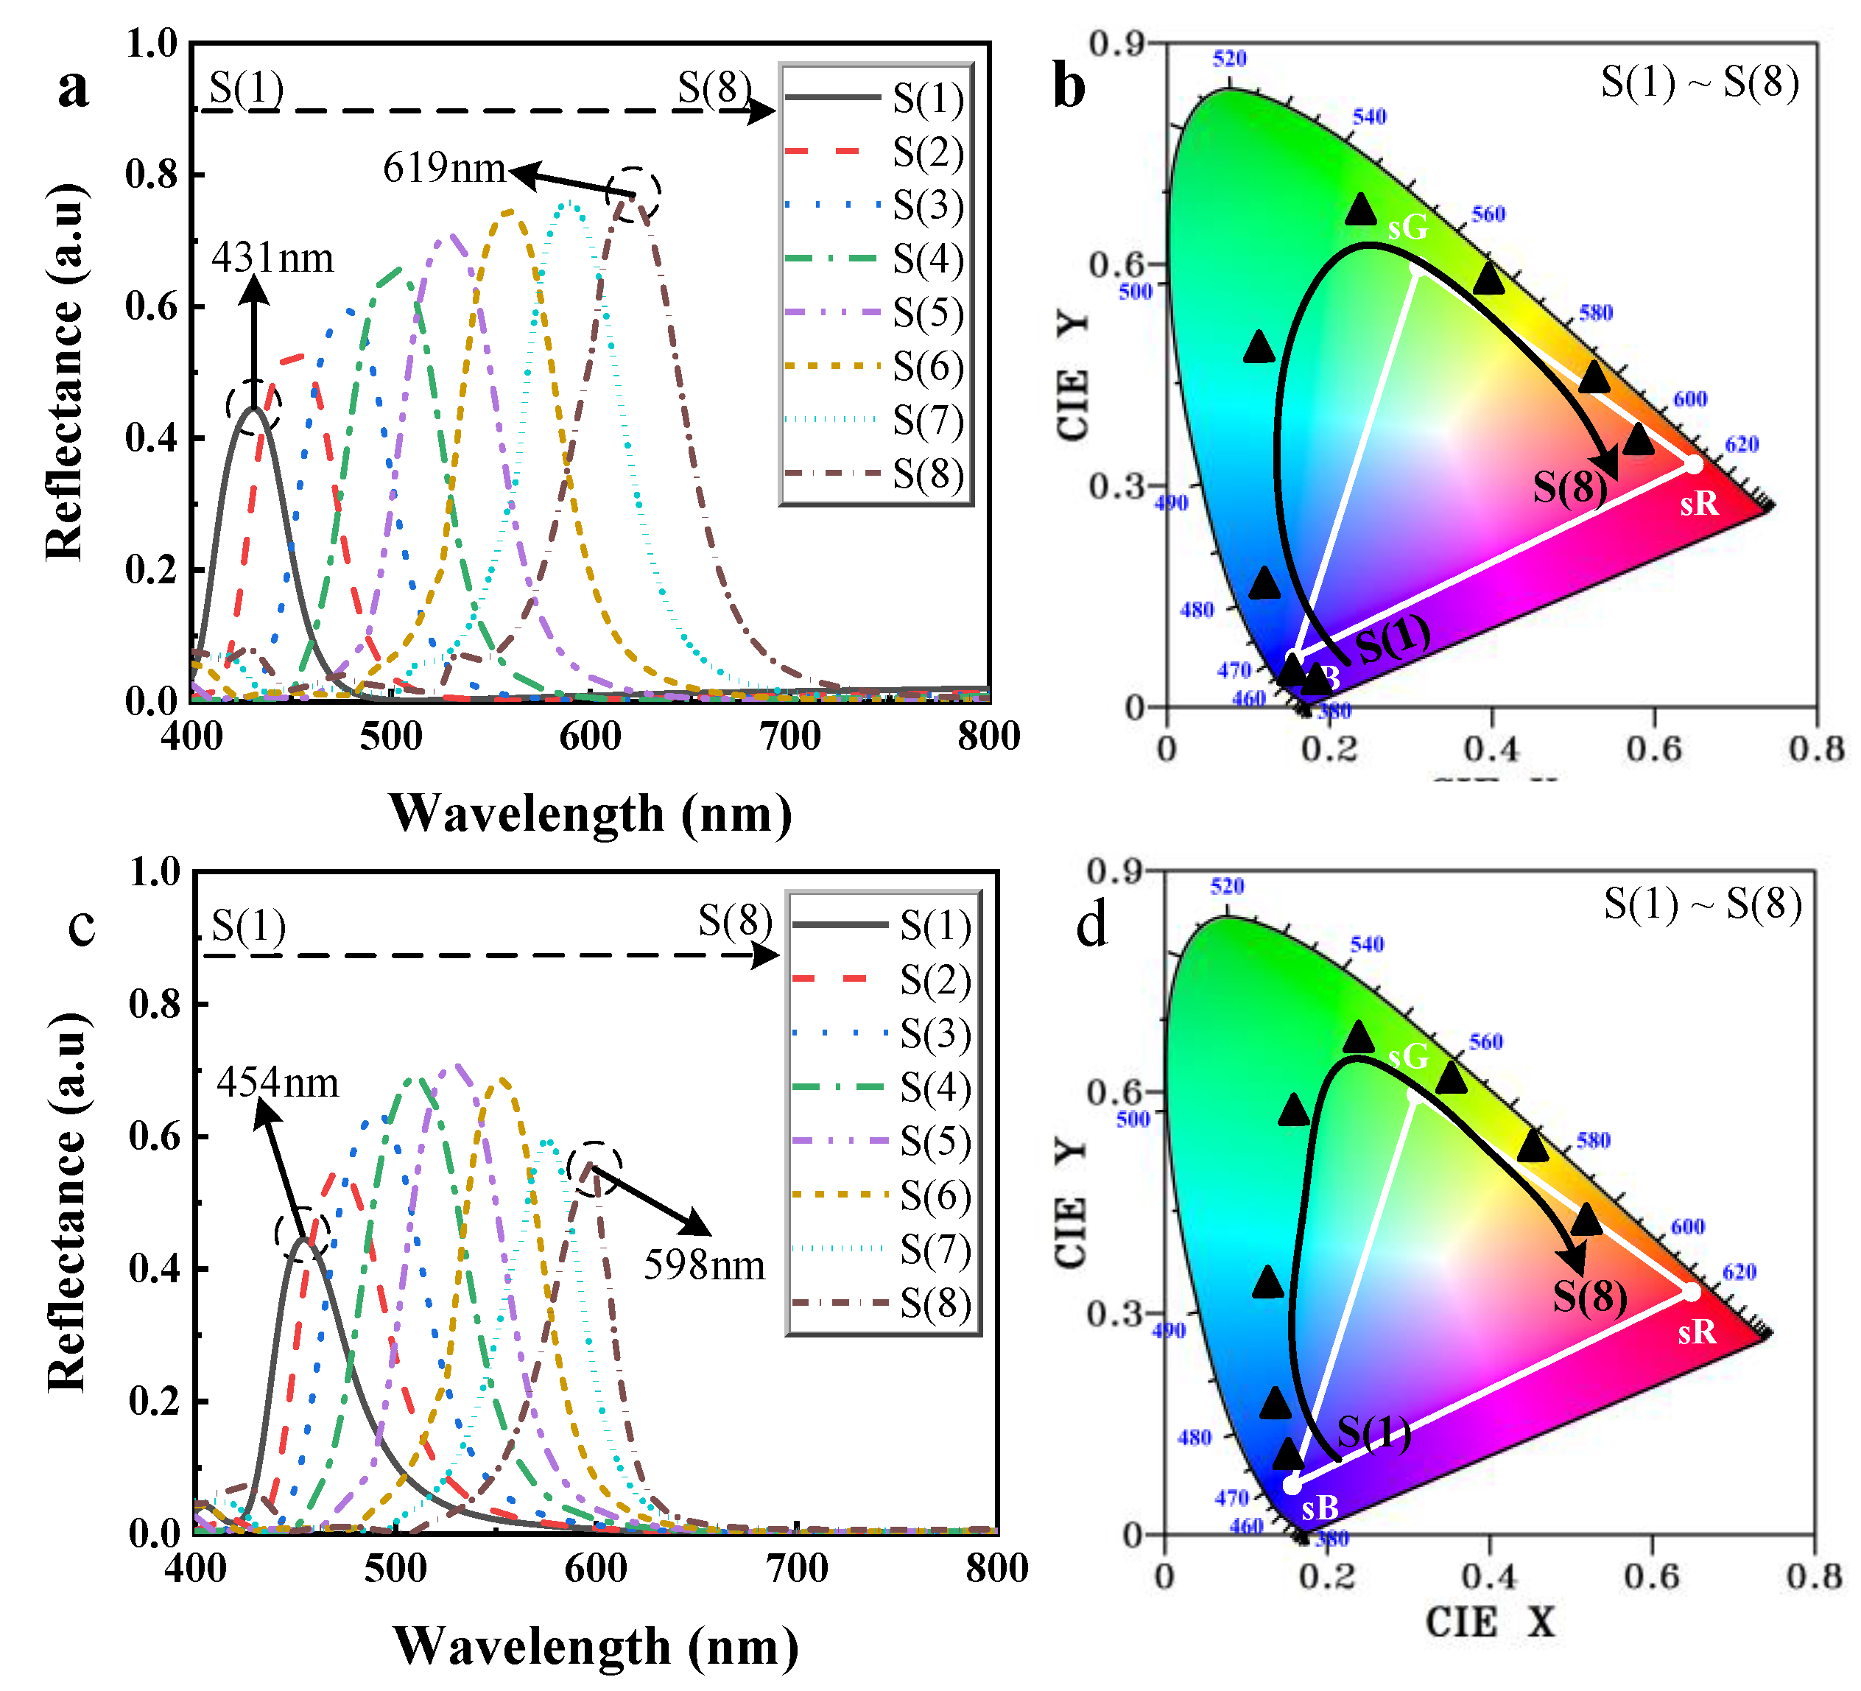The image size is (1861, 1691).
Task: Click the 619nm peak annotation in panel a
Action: click(x=444, y=168)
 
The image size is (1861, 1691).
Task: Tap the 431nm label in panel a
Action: click(x=272, y=259)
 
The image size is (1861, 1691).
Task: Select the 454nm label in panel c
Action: click(x=278, y=1083)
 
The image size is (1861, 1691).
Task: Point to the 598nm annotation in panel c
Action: click(x=704, y=1265)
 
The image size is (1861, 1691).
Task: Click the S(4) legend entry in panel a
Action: click(x=928, y=259)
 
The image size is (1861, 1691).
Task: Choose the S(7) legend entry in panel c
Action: click(x=935, y=1251)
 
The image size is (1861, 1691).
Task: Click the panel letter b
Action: click(x=1069, y=88)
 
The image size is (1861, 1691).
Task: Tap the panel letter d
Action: click(x=1091, y=926)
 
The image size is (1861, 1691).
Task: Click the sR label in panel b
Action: click(x=1698, y=504)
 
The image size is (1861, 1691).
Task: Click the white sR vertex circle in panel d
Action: click(x=1691, y=1291)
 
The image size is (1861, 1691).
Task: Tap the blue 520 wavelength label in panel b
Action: click(x=1230, y=59)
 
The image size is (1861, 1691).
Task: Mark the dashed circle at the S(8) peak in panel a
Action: click(x=634, y=194)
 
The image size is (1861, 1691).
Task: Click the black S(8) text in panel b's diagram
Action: click(x=1570, y=486)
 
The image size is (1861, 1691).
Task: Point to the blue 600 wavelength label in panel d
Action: click(x=1687, y=1227)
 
